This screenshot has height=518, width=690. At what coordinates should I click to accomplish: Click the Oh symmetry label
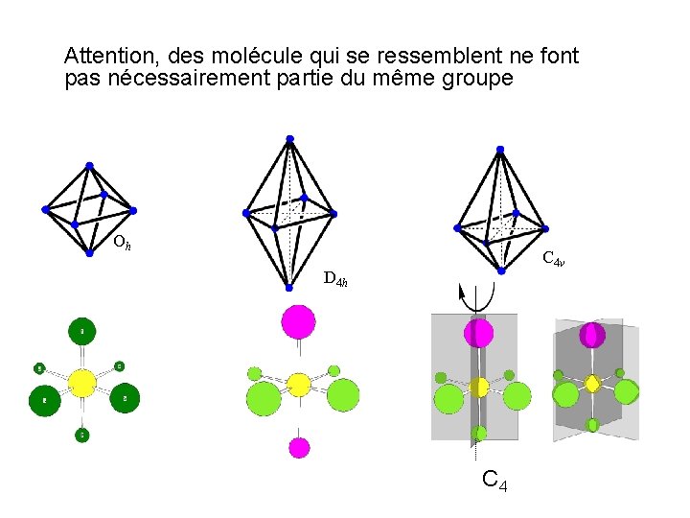coord(122,243)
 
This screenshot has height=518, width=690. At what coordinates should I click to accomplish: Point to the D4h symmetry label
coord(335,279)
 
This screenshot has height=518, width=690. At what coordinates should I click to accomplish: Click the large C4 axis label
coord(494,479)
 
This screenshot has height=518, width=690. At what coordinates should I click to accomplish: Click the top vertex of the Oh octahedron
coord(89,165)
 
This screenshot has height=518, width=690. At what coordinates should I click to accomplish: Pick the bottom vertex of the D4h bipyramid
coord(288,287)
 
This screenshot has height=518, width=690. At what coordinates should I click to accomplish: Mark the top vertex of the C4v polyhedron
coord(499,149)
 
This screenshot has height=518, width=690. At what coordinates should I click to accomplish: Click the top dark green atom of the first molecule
coord(81,331)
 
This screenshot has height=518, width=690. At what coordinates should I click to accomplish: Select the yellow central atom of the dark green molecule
coord(81,383)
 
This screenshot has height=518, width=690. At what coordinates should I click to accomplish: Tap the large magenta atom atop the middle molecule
coord(299,320)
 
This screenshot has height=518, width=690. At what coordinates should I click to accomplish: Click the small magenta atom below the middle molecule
coord(299,447)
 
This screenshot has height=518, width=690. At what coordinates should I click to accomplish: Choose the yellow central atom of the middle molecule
coord(299,385)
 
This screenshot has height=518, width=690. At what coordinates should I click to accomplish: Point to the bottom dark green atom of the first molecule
coord(82,435)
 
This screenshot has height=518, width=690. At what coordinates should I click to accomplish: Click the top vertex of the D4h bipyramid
coord(290,139)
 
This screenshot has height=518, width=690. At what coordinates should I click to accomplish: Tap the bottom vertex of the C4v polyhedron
coord(501,271)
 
